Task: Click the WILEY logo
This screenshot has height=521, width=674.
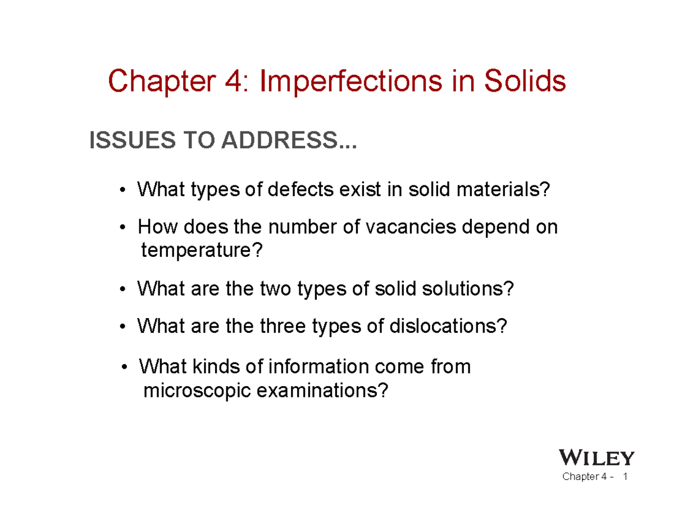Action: [598, 458]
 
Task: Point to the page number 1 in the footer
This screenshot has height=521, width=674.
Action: [625, 478]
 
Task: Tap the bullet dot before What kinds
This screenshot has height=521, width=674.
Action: [124, 368]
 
